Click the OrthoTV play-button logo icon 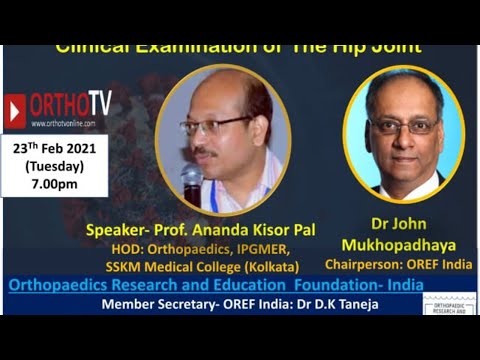(15, 110)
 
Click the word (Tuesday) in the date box (56, 165)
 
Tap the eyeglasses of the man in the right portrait (403, 126)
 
